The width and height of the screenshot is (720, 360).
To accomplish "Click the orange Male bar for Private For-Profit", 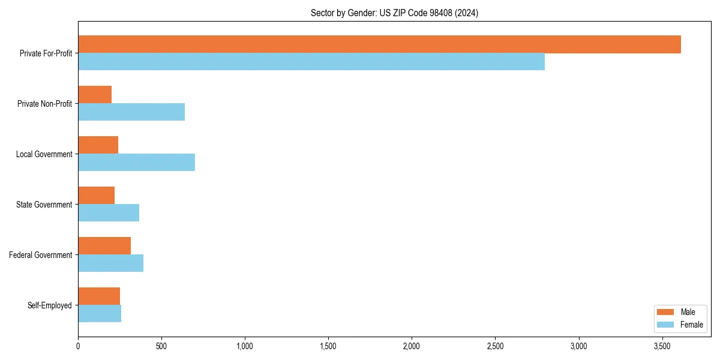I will coord(379,44).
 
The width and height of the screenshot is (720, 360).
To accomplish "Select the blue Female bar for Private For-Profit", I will coord(311,62).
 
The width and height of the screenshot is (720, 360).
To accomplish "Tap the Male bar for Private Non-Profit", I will coord(95,95).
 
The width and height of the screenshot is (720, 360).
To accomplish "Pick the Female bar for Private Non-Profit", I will coord(131,112).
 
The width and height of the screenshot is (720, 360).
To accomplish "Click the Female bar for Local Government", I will coord(136,163).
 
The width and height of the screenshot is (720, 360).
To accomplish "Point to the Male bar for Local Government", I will coord(98,145).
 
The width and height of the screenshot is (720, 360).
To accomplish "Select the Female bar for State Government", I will coord(109,213).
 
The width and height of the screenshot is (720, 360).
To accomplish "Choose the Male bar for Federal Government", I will coord(104,246).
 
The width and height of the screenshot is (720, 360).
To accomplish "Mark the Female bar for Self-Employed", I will coord(100,314).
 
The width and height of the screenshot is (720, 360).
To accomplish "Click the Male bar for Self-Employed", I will coord(99,296).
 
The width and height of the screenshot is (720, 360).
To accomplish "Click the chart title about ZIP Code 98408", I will coord(394,13).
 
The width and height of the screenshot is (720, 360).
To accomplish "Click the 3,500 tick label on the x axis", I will coord(662,347).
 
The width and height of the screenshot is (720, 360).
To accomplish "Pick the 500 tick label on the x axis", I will coord(161,347).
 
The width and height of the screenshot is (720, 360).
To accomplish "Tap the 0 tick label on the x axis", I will coord(78,347).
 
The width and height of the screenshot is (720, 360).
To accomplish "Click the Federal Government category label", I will coord(41,255).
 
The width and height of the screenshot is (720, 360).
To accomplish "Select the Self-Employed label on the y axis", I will coord(50,305).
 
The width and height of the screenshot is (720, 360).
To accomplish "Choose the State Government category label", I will coord(44,205).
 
